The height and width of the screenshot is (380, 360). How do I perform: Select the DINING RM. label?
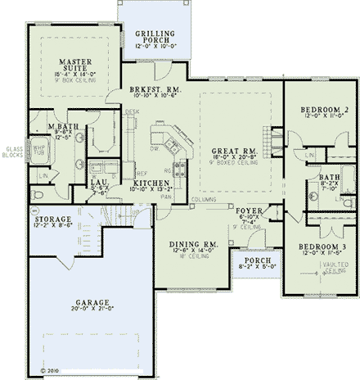click(x=192, y=245)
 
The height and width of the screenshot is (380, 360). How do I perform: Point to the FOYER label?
click(x=249, y=210)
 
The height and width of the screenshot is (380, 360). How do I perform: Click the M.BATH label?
click(x=60, y=124)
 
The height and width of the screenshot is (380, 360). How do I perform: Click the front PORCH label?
click(x=252, y=260)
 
